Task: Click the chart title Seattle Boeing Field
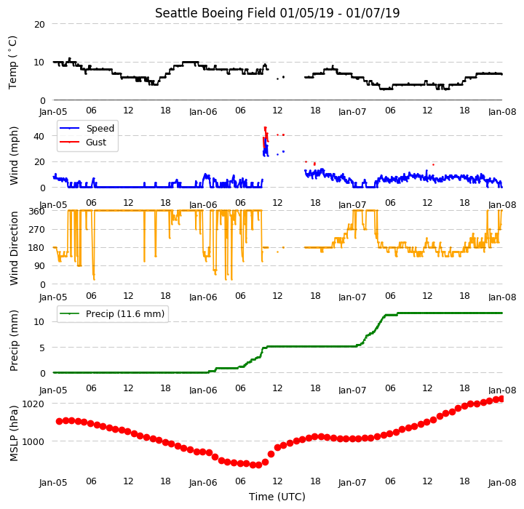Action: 215,13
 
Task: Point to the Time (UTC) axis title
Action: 277,497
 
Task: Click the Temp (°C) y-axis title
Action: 12,63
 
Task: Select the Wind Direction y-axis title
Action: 14,248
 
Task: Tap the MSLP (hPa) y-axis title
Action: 14,433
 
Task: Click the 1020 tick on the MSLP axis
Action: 33,404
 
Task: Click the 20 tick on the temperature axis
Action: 39,25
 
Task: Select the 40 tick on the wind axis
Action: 39,136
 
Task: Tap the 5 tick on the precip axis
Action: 42,348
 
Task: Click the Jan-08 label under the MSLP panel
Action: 502,483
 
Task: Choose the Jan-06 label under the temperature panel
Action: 203,111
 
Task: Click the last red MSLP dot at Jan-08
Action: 501,398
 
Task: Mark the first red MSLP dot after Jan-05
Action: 60,421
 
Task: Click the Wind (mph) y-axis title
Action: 14,156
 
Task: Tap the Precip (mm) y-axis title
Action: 14,341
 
